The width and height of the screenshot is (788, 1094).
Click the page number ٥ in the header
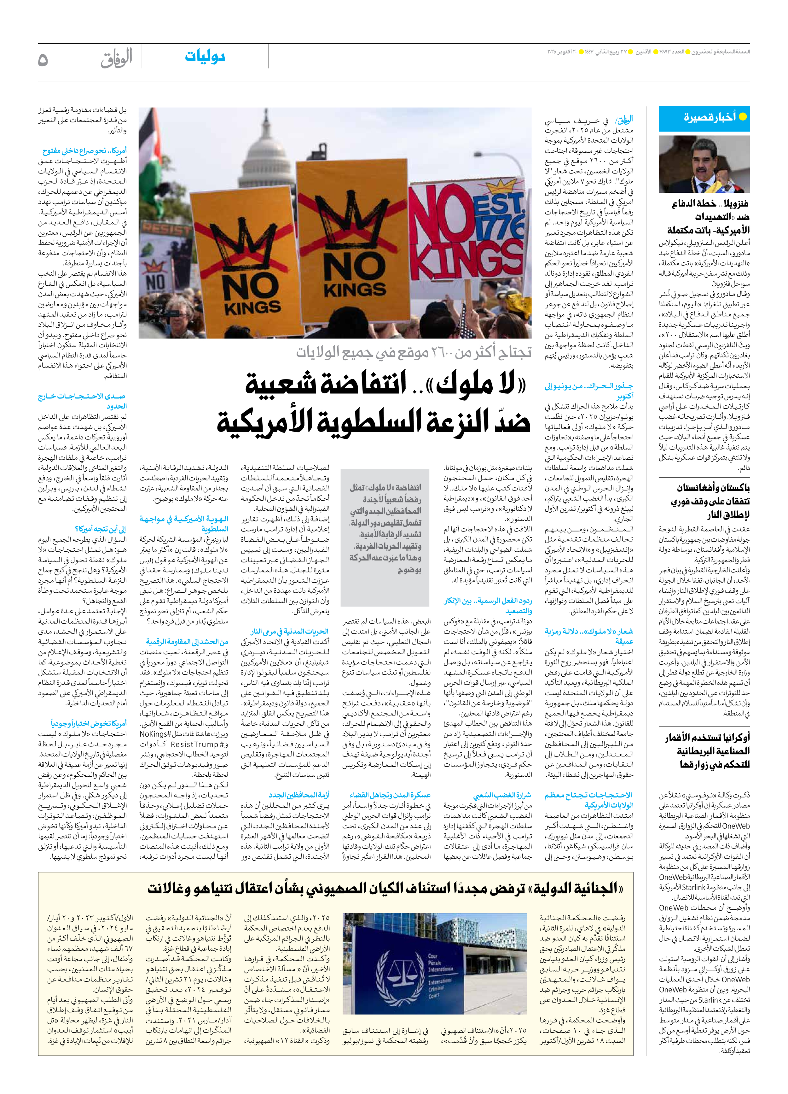(x=43, y=60)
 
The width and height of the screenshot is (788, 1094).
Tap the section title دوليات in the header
(x=205, y=57)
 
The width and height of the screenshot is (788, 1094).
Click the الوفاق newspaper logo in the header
(x=116, y=59)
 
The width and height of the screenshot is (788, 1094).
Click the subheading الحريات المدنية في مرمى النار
(x=289, y=631)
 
